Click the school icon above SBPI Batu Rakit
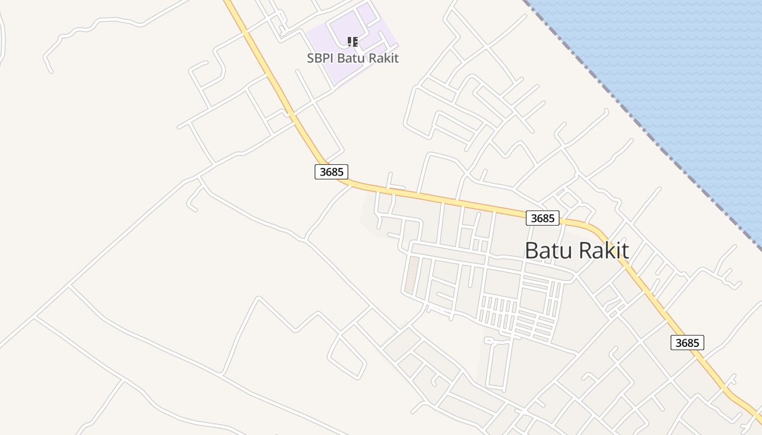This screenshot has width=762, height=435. [x=353, y=41]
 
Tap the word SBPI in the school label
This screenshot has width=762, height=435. [x=320, y=58]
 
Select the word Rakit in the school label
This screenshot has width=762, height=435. [x=384, y=58]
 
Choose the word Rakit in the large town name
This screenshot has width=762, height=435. [x=604, y=251]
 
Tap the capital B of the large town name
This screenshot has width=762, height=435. [x=532, y=251]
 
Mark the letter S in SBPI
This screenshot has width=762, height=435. [x=311, y=58]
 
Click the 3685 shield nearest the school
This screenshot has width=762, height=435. [x=331, y=172]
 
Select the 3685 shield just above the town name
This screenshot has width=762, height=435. [x=543, y=218]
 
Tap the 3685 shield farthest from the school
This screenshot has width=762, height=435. [x=687, y=343]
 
